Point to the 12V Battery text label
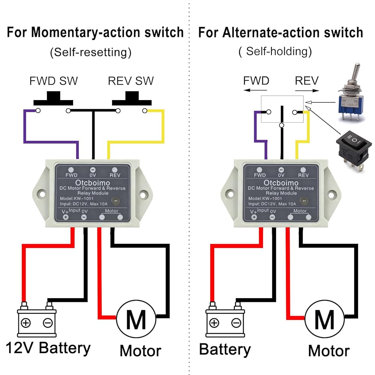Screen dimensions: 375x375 pos(48,348)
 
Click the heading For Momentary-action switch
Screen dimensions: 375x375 pos(95,33)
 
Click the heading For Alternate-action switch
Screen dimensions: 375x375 pos(280,33)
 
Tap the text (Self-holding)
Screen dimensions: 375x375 pos(275,52)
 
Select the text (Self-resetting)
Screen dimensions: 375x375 pos(91,52)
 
